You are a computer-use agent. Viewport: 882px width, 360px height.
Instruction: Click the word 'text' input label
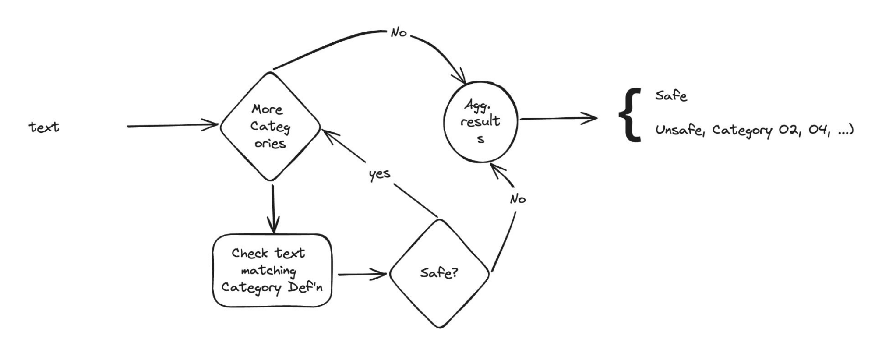pyautogui.click(x=44, y=127)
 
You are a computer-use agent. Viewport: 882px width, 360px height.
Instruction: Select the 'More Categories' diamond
pyautogui.click(x=270, y=127)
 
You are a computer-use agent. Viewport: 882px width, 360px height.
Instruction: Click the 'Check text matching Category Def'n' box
pyautogui.click(x=272, y=270)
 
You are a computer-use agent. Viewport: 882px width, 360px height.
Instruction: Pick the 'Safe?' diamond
pyautogui.click(x=439, y=273)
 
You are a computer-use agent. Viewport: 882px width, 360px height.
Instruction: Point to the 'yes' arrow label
pyautogui.click(x=379, y=174)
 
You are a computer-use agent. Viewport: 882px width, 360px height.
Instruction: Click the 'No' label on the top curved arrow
pyautogui.click(x=399, y=32)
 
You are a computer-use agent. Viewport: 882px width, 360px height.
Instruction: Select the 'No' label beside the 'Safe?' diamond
pyautogui.click(x=518, y=199)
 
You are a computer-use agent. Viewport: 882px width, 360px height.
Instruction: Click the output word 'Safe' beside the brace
pyautogui.click(x=671, y=96)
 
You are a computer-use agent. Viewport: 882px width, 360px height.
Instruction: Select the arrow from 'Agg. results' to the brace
pyautogui.click(x=558, y=118)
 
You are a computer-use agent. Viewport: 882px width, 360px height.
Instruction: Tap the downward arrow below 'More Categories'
pyautogui.click(x=273, y=208)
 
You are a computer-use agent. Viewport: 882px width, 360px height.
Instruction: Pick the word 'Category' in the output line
pyautogui.click(x=742, y=131)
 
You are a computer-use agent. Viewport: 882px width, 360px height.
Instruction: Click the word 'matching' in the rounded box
pyautogui.click(x=268, y=271)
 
